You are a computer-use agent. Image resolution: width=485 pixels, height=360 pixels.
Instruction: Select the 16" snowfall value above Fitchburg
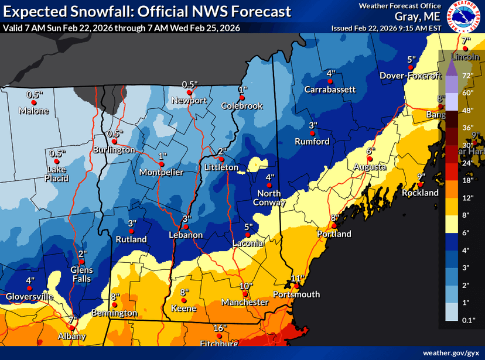[220, 328]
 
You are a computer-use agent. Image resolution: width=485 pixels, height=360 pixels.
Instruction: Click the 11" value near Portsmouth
[298, 278]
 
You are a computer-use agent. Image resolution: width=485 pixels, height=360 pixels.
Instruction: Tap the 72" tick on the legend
[468, 76]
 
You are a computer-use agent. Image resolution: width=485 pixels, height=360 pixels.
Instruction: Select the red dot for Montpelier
[160, 164]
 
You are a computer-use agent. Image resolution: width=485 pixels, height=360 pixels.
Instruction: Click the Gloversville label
[29, 297]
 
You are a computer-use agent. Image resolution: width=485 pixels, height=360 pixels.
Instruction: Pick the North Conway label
[269, 198]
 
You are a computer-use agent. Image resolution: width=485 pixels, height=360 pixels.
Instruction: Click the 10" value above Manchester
[245, 286]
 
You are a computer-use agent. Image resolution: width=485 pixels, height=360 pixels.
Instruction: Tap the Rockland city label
[419, 193]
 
